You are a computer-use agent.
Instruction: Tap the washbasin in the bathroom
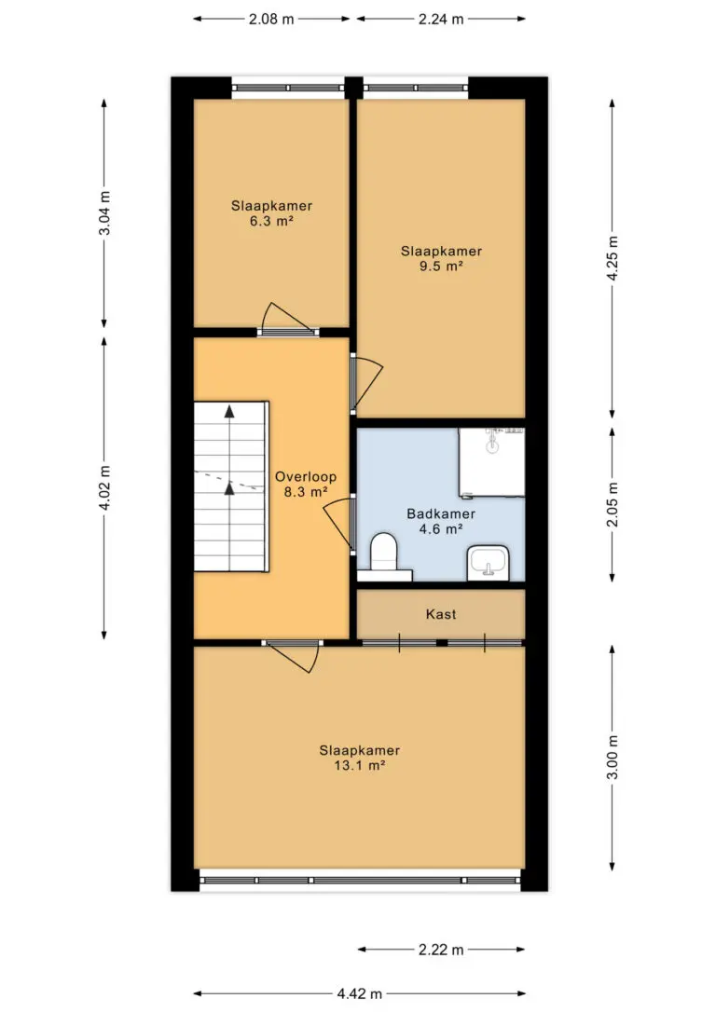[489, 562]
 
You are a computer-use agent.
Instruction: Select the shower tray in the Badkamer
[491, 462]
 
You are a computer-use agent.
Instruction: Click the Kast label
[441, 614]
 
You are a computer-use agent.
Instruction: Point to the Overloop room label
[306, 477]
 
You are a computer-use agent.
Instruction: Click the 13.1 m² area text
[359, 766]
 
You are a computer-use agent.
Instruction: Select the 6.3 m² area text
[272, 222]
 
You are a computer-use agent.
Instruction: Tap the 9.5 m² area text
[441, 267]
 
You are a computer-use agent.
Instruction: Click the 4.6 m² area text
[441, 529]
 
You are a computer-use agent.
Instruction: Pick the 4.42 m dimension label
[359, 994]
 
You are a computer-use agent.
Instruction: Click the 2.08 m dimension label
[271, 20]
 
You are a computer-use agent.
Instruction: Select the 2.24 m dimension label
[441, 20]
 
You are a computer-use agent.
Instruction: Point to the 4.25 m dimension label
[613, 258]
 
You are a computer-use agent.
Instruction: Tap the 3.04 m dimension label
[104, 213]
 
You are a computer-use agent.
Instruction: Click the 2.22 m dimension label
[441, 950]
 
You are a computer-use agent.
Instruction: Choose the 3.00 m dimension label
[613, 758]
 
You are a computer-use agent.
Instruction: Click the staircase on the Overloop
[230, 486]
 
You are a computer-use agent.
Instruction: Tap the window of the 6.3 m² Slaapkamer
[288, 88]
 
